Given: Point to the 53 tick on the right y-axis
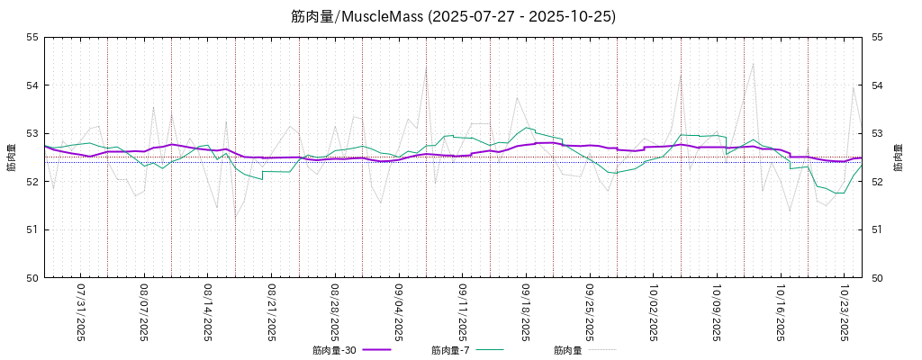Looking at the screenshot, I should point(876,133).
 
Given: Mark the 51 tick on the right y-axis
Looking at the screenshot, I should point(876,229).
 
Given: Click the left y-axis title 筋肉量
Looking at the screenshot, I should point(12,157).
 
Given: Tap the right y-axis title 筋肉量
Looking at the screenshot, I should point(901,157).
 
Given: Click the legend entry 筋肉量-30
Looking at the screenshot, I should point(336,350).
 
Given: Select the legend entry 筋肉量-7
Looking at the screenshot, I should point(449,350).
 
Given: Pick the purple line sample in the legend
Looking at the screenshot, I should point(377,349).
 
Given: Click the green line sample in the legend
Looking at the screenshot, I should point(490,349).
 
